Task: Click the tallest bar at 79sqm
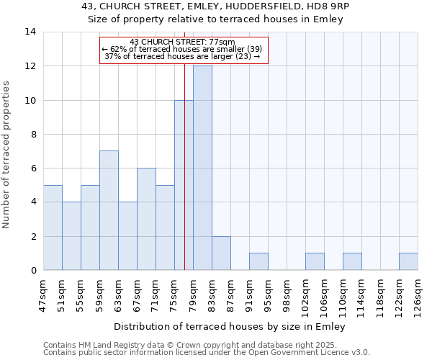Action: pos(202,168)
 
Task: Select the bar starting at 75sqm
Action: pos(184,185)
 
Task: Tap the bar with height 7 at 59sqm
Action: pos(109,210)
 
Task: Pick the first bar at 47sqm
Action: pos(53,228)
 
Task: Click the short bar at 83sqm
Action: pos(221,253)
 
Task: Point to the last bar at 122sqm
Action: pos(408,261)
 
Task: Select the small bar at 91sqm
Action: pos(258,261)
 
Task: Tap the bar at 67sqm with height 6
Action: pos(146,219)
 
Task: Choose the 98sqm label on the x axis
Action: pos(287,293)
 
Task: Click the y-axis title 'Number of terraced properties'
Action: pos(7,155)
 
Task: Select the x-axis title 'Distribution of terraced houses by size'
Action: pos(230,326)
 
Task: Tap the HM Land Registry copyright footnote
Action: pos(207,345)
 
